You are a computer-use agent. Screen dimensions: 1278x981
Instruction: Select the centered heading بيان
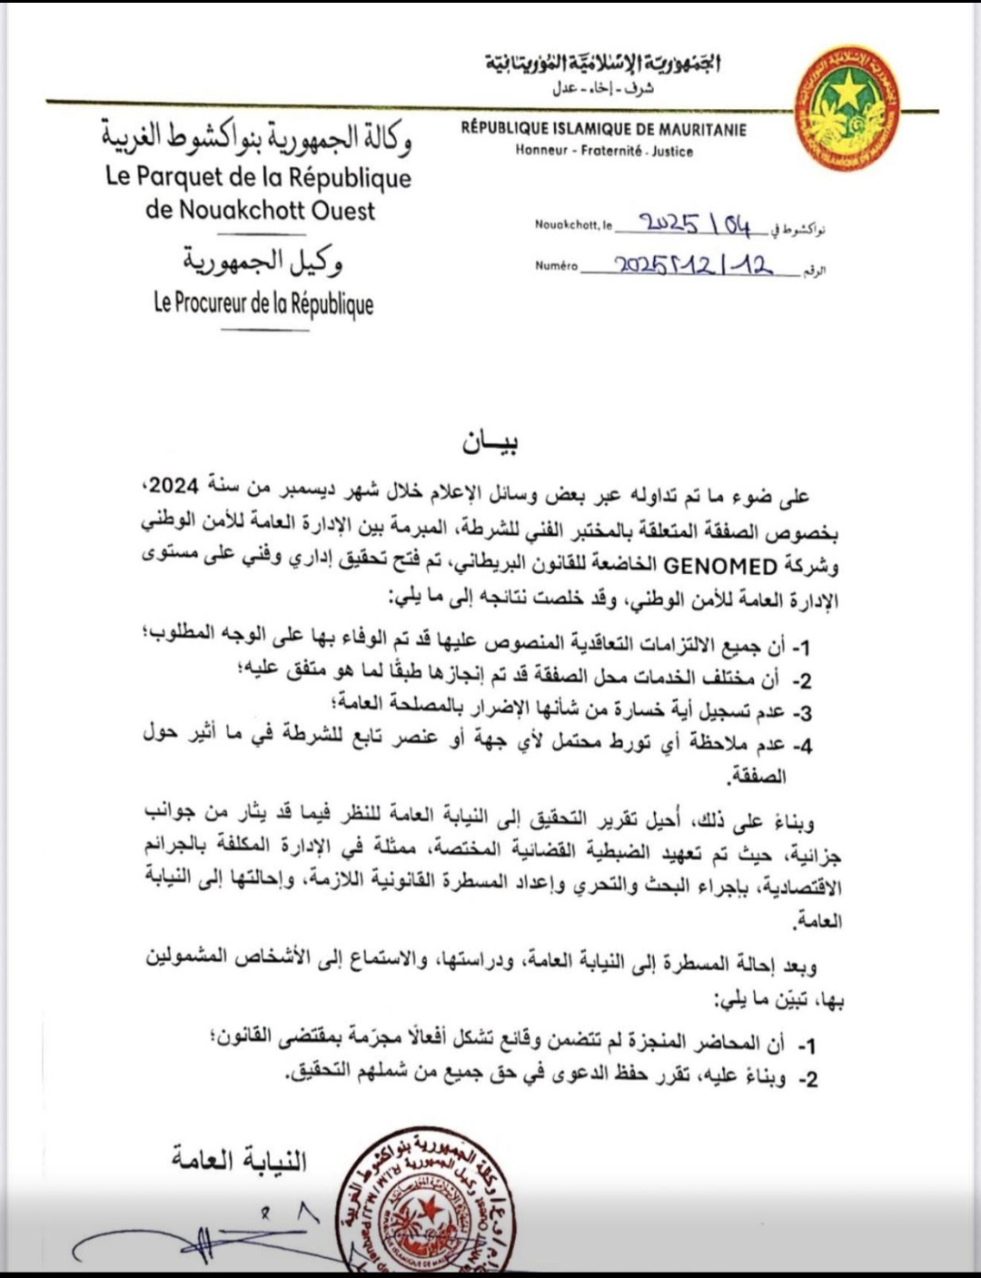coord(490,443)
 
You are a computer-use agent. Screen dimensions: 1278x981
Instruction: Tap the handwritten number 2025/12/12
coord(694,265)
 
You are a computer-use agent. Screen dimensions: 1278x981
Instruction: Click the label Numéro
coord(556,267)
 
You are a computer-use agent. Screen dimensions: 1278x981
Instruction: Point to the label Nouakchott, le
coord(574,225)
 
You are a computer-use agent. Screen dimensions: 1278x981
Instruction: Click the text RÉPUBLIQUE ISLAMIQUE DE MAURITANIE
coord(603,130)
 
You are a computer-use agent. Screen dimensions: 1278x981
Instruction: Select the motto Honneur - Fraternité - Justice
coord(604,152)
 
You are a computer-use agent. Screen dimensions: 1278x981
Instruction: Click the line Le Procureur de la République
coord(263,303)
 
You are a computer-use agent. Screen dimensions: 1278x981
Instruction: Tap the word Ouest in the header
coord(332,211)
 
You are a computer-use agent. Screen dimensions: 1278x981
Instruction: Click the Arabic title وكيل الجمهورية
coord(263,263)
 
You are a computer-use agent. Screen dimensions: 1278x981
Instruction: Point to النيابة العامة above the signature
coord(240,1161)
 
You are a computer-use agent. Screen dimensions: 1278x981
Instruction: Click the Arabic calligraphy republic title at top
coord(603,64)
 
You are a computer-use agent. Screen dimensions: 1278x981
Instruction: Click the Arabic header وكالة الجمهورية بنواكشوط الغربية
coord(256,138)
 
